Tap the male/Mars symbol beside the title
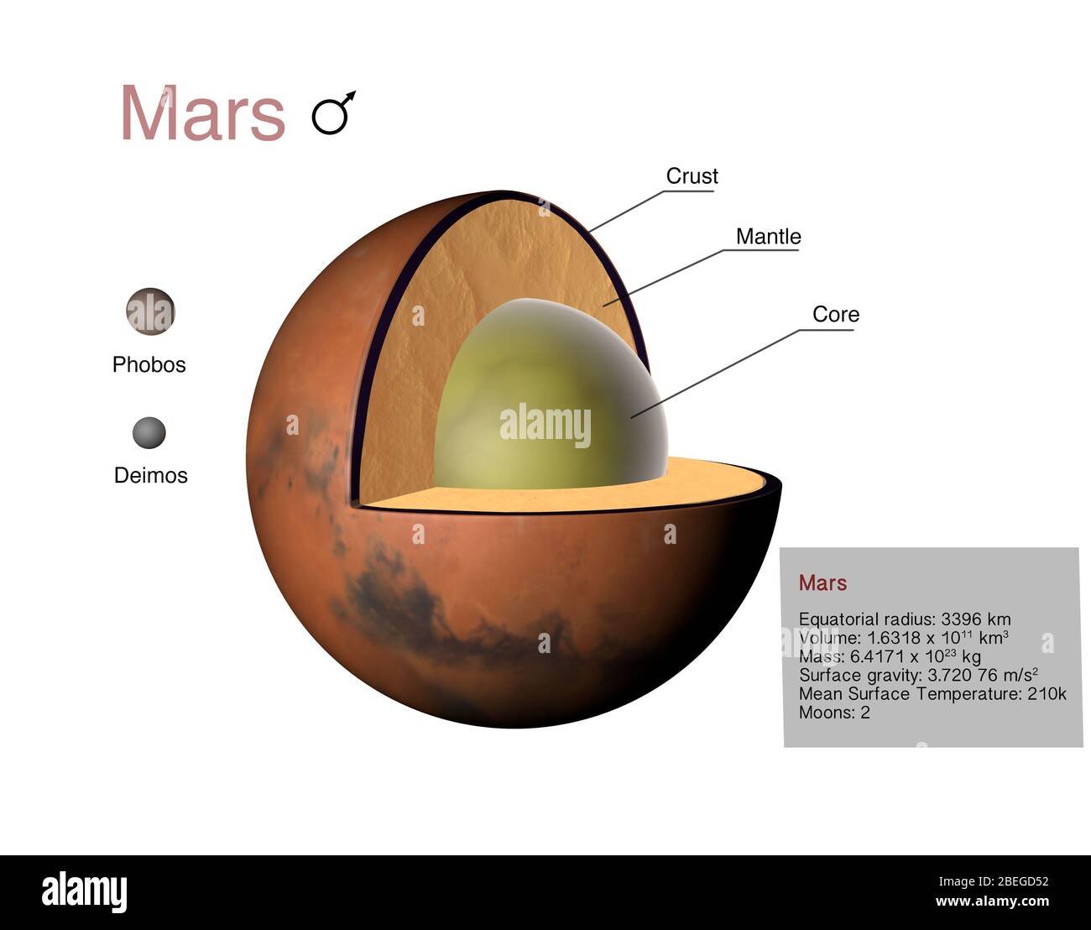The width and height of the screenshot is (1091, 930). pos(333,112)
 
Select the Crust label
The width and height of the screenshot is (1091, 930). pos(692,176)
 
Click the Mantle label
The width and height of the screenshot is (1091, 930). pos(768,237)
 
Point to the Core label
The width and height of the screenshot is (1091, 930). pos(835,315)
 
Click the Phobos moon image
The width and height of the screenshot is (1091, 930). pos(150,311)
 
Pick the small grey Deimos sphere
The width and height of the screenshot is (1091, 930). pos(149,433)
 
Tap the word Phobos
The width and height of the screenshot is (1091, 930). pos(149,364)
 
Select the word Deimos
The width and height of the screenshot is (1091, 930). pos(150,475)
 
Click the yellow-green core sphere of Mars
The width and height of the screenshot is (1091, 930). pos(537,403)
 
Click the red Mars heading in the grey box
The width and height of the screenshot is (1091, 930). pos(822,583)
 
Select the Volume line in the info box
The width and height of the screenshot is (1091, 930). pos(903,638)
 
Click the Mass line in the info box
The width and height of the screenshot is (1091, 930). pos(889,656)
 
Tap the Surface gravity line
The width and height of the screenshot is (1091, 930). pos(918,675)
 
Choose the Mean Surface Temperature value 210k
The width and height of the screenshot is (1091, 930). pos(1047,694)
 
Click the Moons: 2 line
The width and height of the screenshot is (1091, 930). pos(834,713)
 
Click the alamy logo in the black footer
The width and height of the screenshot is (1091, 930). pos(84,891)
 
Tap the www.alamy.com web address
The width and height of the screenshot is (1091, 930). pos(991,902)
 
